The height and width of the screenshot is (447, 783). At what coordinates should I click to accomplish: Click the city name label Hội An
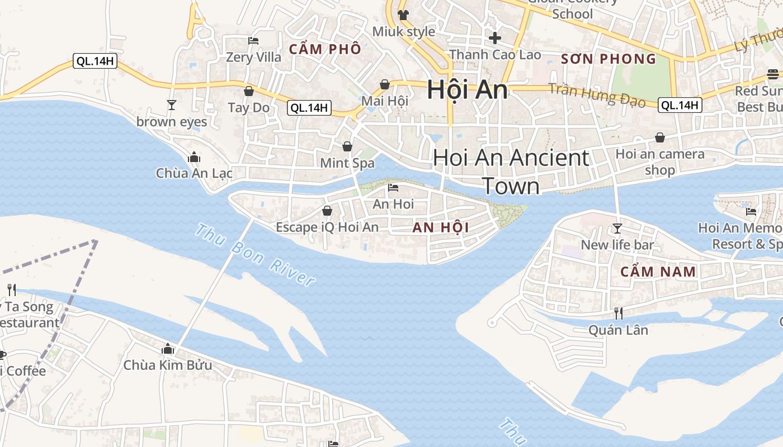(467, 90)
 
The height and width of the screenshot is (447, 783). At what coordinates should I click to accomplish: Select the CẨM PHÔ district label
(325, 49)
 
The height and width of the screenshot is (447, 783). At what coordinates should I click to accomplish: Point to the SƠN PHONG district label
(609, 59)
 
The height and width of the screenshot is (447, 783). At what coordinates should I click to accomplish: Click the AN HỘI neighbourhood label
(441, 227)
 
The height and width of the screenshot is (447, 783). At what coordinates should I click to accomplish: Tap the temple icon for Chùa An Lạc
(194, 157)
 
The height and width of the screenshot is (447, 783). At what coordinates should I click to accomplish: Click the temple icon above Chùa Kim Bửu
(168, 349)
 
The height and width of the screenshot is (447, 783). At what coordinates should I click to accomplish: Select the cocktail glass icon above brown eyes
(171, 104)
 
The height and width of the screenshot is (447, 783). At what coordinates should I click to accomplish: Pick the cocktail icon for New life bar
(617, 228)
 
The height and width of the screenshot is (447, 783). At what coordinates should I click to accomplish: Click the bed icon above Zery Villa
(253, 40)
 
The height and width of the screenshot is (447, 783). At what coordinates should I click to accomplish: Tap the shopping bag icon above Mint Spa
(347, 146)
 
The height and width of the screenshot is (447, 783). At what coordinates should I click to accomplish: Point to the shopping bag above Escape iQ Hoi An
(327, 211)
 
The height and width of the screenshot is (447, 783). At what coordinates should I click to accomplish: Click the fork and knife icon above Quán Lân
(618, 313)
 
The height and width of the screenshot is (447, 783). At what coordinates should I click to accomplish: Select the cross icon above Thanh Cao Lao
(495, 38)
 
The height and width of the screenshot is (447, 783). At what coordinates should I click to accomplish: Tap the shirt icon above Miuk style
(403, 15)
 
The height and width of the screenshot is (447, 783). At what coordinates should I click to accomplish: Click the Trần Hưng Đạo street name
(597, 95)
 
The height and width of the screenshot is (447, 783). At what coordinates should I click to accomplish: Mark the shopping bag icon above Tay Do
(249, 91)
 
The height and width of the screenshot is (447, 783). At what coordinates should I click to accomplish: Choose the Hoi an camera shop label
(660, 161)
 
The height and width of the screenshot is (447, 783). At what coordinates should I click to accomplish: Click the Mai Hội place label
(385, 101)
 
